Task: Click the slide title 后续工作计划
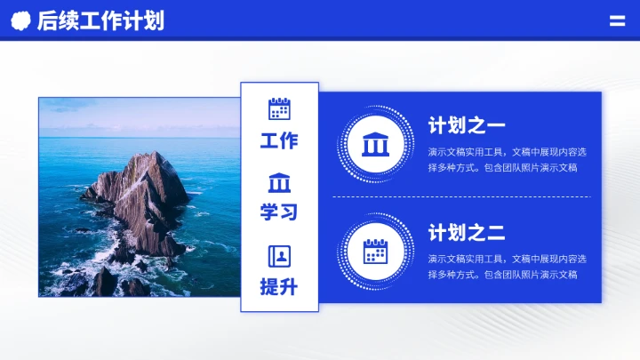(100, 21)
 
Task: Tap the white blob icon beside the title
(20, 21)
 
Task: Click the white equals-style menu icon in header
(617, 21)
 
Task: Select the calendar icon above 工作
(279, 108)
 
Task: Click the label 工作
(279, 140)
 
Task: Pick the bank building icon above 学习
(279, 182)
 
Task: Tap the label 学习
(279, 212)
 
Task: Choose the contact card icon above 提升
(279, 256)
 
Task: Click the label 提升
(279, 287)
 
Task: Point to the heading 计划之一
(467, 125)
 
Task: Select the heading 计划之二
(467, 234)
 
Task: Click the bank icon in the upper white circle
(375, 142)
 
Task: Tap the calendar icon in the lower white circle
(375, 252)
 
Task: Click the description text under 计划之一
(507, 159)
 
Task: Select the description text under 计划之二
(507, 267)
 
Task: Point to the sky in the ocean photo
(133, 110)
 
